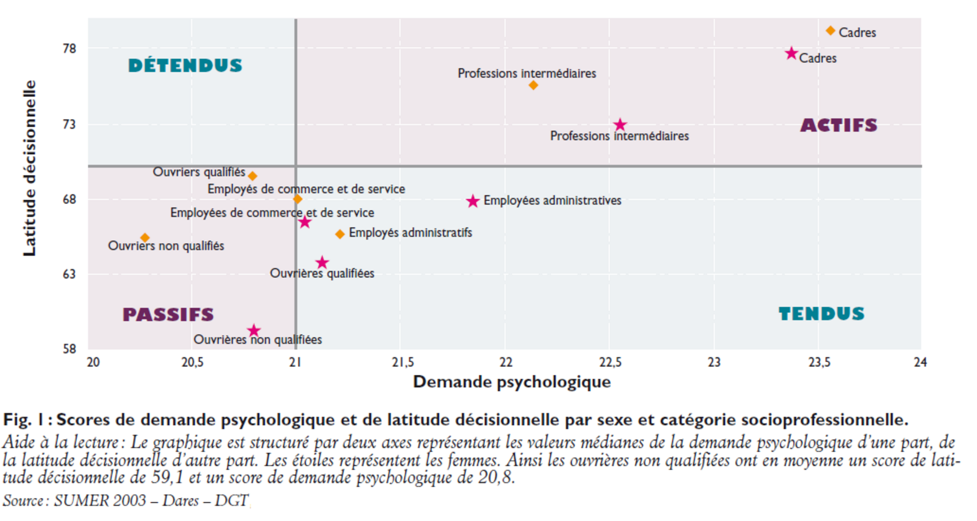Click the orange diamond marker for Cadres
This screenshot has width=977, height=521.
coord(830,31)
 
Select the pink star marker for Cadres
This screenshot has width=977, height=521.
coord(791,53)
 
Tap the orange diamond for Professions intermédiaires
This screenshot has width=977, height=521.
coord(533,85)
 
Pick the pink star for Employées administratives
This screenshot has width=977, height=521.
coord(473,201)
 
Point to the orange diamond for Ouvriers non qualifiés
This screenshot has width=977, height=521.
coord(145,238)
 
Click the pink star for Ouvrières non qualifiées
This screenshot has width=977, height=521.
coord(254,330)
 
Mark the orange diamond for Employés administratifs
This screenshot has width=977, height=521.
coord(340,234)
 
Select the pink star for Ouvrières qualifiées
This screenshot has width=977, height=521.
coord(322,262)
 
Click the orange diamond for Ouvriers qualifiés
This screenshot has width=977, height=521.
coord(253,176)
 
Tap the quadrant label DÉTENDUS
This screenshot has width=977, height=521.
coord(185,66)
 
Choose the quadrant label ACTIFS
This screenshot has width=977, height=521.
coord(839,125)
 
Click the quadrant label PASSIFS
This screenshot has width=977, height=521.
coord(168,315)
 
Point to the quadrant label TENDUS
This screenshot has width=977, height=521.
coord(822,314)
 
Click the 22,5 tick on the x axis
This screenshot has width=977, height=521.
coord(610,363)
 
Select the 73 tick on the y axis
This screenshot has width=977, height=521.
coord(70,124)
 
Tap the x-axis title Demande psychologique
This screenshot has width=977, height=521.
coord(512,382)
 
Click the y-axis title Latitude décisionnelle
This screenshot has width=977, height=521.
coord(29,168)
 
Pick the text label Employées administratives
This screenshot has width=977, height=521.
coord(552,200)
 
